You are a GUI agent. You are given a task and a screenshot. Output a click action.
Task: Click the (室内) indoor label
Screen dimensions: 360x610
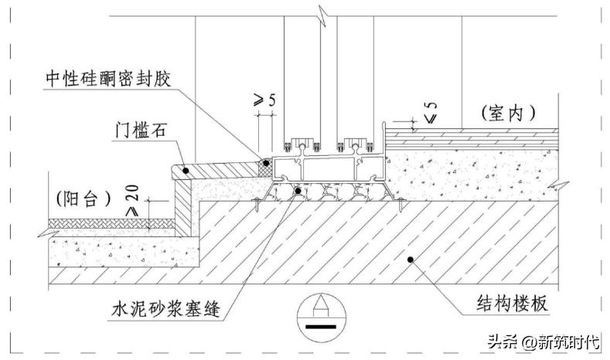(508, 113)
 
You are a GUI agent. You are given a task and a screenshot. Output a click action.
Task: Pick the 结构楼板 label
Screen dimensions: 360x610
(513, 304)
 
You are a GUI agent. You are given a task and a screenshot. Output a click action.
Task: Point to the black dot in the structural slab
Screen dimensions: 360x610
(411, 259)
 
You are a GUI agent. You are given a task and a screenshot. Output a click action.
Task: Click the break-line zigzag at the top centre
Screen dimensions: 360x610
(317, 12)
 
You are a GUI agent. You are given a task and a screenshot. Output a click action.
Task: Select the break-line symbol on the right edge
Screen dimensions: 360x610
(563, 186)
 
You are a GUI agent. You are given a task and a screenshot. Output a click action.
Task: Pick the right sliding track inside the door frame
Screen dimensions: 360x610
(356, 147)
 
